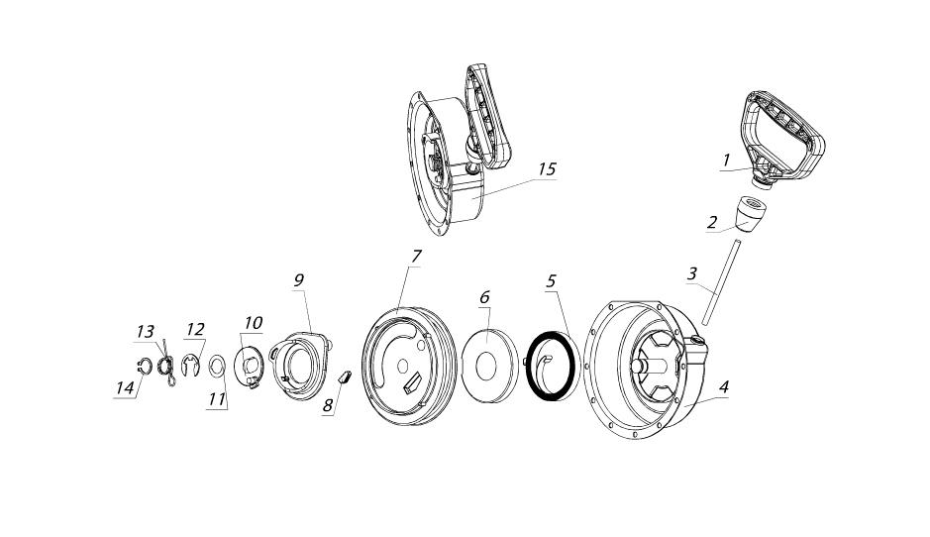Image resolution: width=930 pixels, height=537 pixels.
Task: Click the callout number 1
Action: [x=725, y=160]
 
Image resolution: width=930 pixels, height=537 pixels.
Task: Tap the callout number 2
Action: [x=711, y=222]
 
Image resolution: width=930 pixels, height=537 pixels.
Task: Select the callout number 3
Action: [x=692, y=272]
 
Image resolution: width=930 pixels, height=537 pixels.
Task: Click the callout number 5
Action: [x=552, y=280]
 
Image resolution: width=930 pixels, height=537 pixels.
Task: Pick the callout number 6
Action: [x=485, y=297]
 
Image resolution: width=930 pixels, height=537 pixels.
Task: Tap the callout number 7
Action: [x=416, y=257]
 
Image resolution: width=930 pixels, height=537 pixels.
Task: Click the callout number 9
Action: [x=298, y=280]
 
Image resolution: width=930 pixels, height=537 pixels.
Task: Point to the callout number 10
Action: [x=254, y=323]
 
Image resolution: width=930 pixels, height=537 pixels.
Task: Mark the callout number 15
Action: [x=546, y=169]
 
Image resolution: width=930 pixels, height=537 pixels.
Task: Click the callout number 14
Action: [x=124, y=388]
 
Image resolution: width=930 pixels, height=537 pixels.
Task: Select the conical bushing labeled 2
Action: [x=755, y=212]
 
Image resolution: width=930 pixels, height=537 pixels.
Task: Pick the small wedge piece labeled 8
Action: [x=346, y=376]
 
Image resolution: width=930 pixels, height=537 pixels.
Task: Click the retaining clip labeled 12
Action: [x=191, y=370]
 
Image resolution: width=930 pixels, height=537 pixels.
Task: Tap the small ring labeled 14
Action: [x=145, y=368]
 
